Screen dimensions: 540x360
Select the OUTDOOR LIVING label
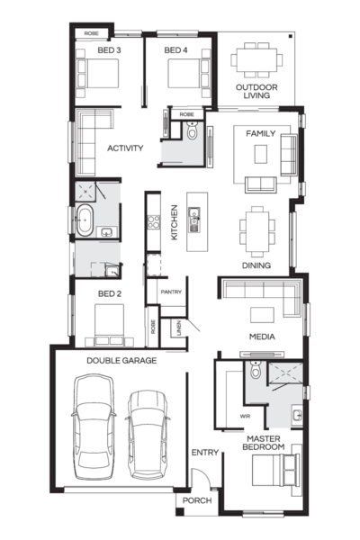[x=256, y=93]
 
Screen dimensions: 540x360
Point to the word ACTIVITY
[x=125, y=148]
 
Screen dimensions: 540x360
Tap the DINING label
[x=256, y=265]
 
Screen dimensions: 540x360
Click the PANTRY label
[x=171, y=292]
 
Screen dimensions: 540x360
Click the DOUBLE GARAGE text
[x=121, y=360]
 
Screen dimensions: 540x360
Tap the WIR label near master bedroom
[x=244, y=416]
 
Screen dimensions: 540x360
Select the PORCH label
[x=197, y=500]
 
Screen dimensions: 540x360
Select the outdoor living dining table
[x=257, y=60]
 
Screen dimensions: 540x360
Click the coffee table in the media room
[x=263, y=314]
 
